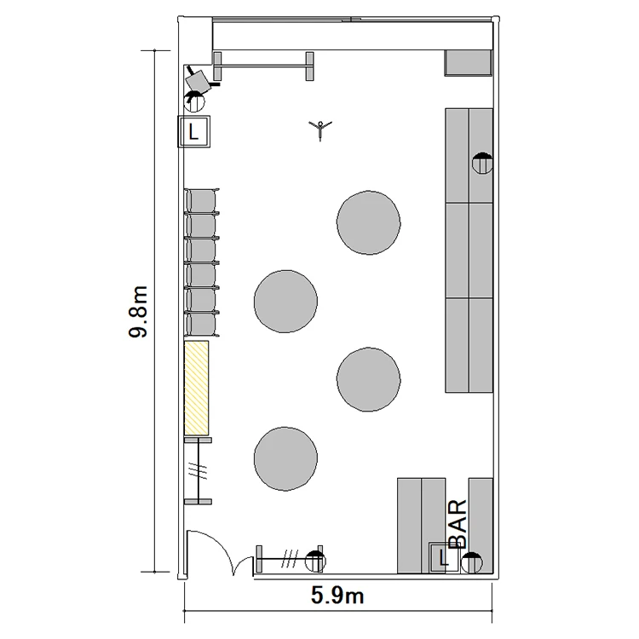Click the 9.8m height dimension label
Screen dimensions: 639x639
pos(138,312)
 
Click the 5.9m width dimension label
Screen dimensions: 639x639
pos(337,596)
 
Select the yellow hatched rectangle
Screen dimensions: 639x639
pos(197,387)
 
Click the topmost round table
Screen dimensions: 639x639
pos(368,222)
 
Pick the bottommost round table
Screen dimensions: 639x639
pos(285,458)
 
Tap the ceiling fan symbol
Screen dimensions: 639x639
pos(320,130)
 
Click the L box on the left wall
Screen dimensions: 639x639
pos(194,131)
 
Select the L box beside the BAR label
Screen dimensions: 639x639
pos(443,557)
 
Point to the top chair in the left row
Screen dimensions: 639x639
pos(202,201)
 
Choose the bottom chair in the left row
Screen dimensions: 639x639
pos(202,325)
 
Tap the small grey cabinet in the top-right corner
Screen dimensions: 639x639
pos(469,63)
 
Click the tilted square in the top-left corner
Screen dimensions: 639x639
pos(199,82)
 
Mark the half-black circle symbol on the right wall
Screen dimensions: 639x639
pos(482,163)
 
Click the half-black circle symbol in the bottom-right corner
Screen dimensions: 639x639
pos(471,563)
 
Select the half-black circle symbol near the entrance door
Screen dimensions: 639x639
pos(315,561)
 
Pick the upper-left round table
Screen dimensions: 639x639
pos(285,302)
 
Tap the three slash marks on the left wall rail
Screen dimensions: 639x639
pos(198,470)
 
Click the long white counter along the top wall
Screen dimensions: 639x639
pos(353,36)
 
